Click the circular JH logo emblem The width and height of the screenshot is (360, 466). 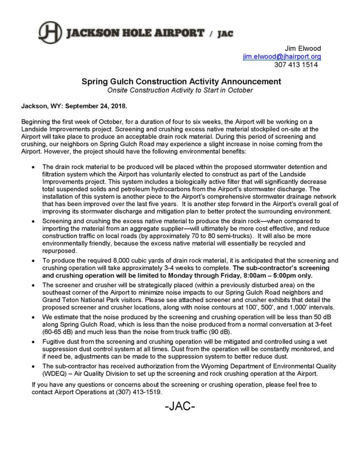pos(50,32)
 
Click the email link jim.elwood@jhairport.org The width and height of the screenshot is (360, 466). pos(282,57)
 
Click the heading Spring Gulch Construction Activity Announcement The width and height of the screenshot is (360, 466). pos(181,82)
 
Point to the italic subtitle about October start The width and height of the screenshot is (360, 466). pos(180,90)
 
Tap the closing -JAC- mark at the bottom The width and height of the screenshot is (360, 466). pos(180,406)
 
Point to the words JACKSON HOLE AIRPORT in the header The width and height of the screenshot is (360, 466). pos(136,33)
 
